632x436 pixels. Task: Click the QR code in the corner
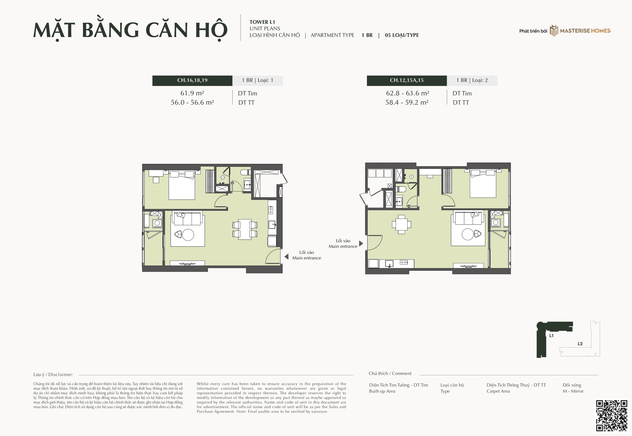pos(612,416)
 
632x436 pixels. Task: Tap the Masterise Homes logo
pos(580,31)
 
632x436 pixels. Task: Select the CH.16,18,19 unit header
pos(192,80)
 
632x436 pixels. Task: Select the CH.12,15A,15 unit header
pos(407,80)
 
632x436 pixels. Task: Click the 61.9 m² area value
pos(192,93)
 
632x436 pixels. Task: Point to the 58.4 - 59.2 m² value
pos(407,102)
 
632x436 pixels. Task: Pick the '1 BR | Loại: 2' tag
pos(472,80)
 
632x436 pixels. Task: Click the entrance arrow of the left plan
pos(286,256)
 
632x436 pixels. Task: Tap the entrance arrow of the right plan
pos(361,243)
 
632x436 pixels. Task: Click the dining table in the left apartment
pos(245,229)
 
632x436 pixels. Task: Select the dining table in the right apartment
pos(401,225)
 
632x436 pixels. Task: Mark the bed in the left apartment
pos(182,185)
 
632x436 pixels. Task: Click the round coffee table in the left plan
pos(188,235)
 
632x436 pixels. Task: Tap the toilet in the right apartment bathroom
pos(401,189)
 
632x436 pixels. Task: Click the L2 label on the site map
pos(580,344)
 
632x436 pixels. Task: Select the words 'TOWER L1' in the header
pos(262,22)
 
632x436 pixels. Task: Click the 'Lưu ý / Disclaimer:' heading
pos(53,375)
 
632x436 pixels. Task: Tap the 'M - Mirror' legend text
pos(573,391)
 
